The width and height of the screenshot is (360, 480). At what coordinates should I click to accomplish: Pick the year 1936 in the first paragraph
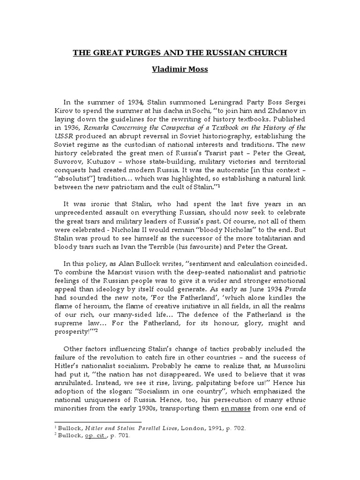[x=72, y=128]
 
